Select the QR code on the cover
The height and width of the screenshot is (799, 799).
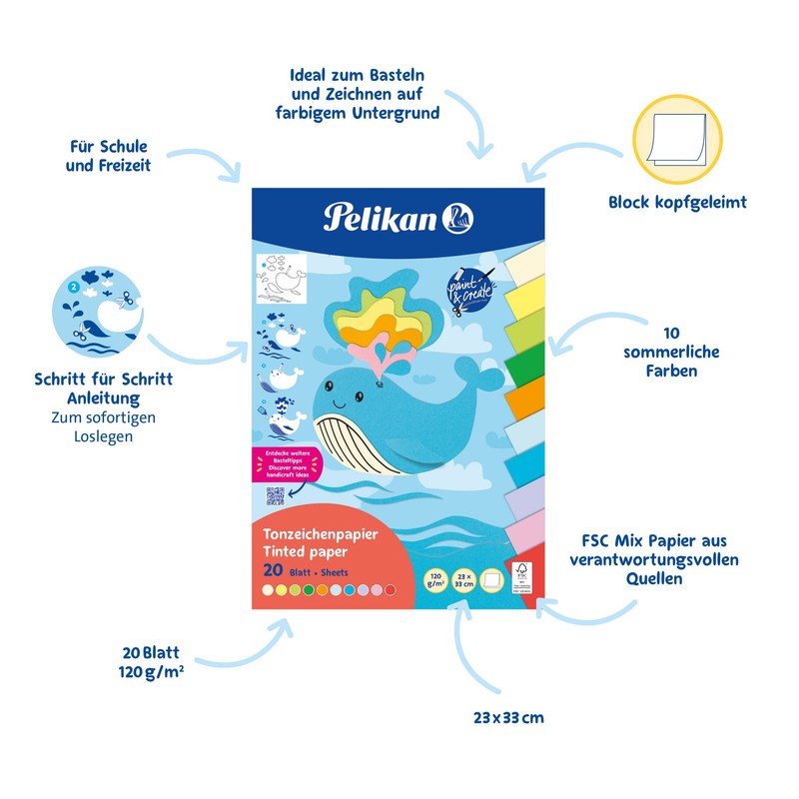click(x=276, y=497)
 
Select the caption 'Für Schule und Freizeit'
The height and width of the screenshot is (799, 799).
click(x=108, y=156)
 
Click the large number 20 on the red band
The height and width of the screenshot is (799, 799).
click(x=272, y=570)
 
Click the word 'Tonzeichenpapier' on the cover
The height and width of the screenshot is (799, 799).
click(x=321, y=533)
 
